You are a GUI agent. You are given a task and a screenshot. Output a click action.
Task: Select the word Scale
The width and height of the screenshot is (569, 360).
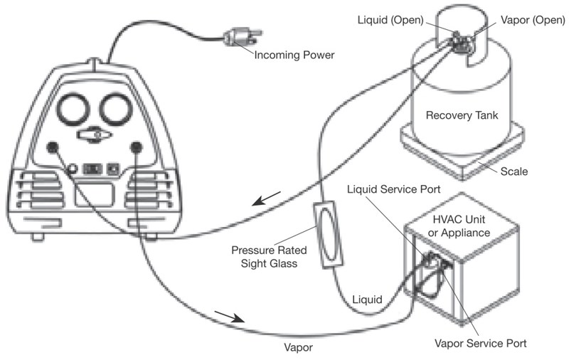pyautogui.click(x=515, y=171)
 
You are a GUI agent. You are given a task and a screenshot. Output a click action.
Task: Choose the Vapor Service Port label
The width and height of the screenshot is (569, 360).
pyautogui.click(x=481, y=344)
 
